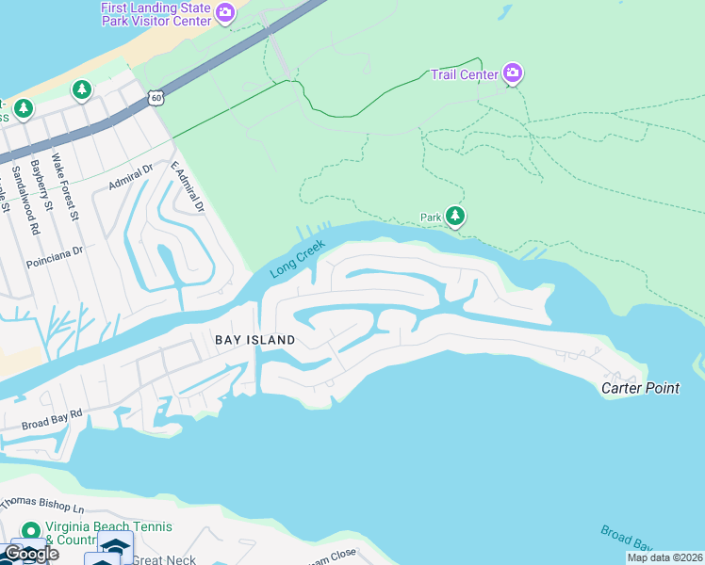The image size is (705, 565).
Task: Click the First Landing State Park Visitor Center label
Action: [x=156, y=14]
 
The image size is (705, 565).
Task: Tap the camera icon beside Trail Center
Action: [x=512, y=73]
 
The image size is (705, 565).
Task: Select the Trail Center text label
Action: [x=465, y=74]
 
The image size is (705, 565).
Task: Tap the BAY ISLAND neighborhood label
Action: [x=254, y=339]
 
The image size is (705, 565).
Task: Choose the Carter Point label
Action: [x=641, y=388]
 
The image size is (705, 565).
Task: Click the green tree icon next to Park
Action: [x=456, y=218]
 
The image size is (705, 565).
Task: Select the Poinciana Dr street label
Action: [x=56, y=251]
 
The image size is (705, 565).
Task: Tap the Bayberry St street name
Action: [x=41, y=190]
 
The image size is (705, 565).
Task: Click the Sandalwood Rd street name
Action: [x=17, y=200]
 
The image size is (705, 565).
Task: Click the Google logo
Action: [x=30, y=554]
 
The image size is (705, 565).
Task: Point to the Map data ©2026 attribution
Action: [x=664, y=557]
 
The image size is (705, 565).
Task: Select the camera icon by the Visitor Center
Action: [x=224, y=13]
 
